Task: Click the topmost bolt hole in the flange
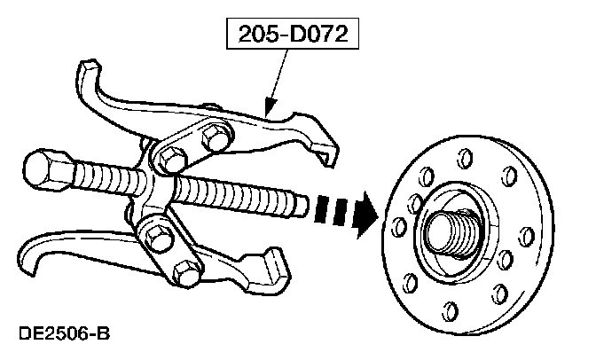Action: click(x=461, y=160)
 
